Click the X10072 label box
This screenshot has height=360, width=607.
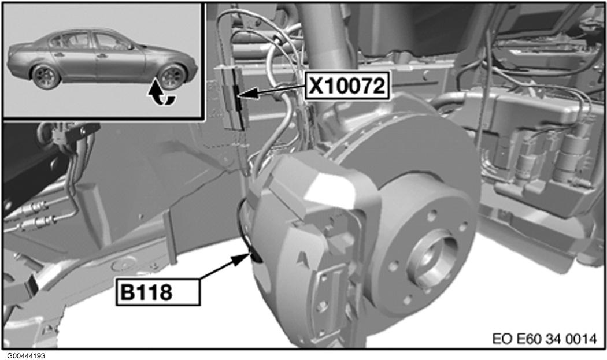pos(347,86)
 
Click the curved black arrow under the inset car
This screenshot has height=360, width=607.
pos(162,94)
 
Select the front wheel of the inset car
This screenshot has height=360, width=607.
pos(172,77)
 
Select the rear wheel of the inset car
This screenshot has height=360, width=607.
pos(46,76)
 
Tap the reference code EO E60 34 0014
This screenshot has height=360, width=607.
pos(545,339)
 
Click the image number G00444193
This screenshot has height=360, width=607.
pos(25,355)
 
